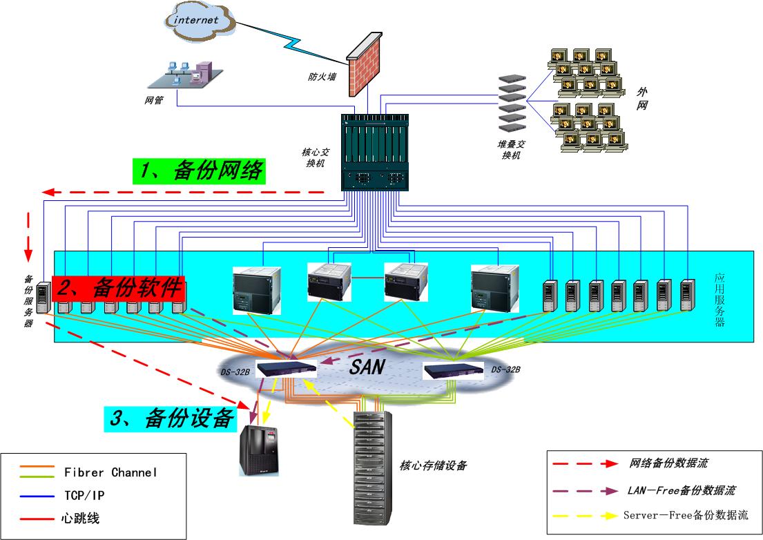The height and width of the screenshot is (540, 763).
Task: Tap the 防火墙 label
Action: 322,77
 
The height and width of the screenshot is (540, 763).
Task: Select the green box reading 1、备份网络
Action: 199,171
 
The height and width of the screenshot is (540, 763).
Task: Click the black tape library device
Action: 260,450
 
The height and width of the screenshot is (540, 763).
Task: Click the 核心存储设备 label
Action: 433,465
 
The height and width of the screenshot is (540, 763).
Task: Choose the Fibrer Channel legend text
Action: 110,472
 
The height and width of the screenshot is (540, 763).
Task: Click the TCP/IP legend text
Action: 84,495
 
